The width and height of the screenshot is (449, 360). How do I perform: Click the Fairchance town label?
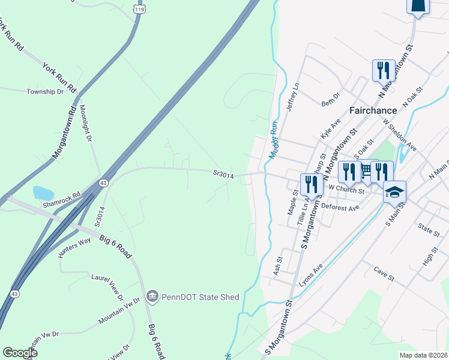[373, 110]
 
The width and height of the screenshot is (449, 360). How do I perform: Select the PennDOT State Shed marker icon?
[152, 297]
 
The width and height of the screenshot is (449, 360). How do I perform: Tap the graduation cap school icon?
[394, 192]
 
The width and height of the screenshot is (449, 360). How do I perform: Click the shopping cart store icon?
[366, 172]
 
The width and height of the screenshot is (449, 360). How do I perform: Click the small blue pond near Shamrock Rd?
[43, 193]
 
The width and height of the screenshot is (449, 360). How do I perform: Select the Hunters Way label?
[74, 247]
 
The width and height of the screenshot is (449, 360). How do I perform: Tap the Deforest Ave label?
[340, 208]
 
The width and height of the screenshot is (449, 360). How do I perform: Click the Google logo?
[20, 352]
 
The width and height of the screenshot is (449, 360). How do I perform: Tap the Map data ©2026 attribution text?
[423, 355]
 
